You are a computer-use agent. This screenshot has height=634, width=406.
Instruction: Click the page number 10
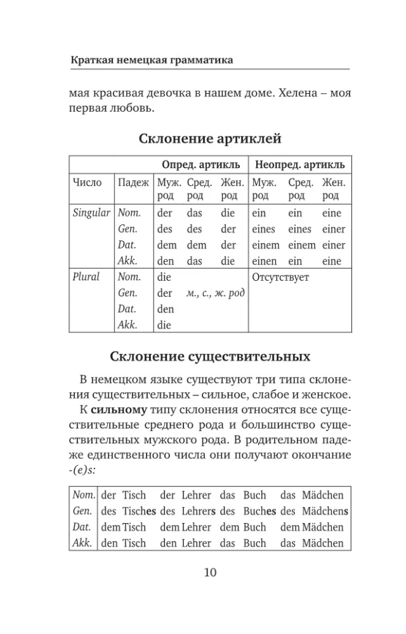pyautogui.click(x=210, y=573)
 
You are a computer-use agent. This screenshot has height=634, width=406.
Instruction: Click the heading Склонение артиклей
pyautogui.click(x=209, y=138)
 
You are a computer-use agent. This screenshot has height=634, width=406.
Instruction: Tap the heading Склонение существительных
pyautogui.click(x=210, y=356)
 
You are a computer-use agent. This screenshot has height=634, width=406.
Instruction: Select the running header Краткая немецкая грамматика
pyautogui.click(x=151, y=60)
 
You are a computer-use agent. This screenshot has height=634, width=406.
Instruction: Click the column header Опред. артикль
pyautogui.click(x=201, y=165)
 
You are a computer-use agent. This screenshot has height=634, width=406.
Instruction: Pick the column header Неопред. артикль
pyautogui.click(x=299, y=165)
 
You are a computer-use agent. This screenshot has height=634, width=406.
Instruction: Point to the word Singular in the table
pyautogui.click(x=92, y=213)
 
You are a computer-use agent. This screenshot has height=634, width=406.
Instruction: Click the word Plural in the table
pyautogui.click(x=87, y=277)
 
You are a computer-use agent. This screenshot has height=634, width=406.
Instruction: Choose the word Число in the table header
pyautogui.click(x=88, y=183)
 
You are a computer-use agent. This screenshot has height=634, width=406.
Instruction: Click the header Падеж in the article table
pyautogui.click(x=133, y=183)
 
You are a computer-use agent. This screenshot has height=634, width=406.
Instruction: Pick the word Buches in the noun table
pyautogui.click(x=259, y=511)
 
